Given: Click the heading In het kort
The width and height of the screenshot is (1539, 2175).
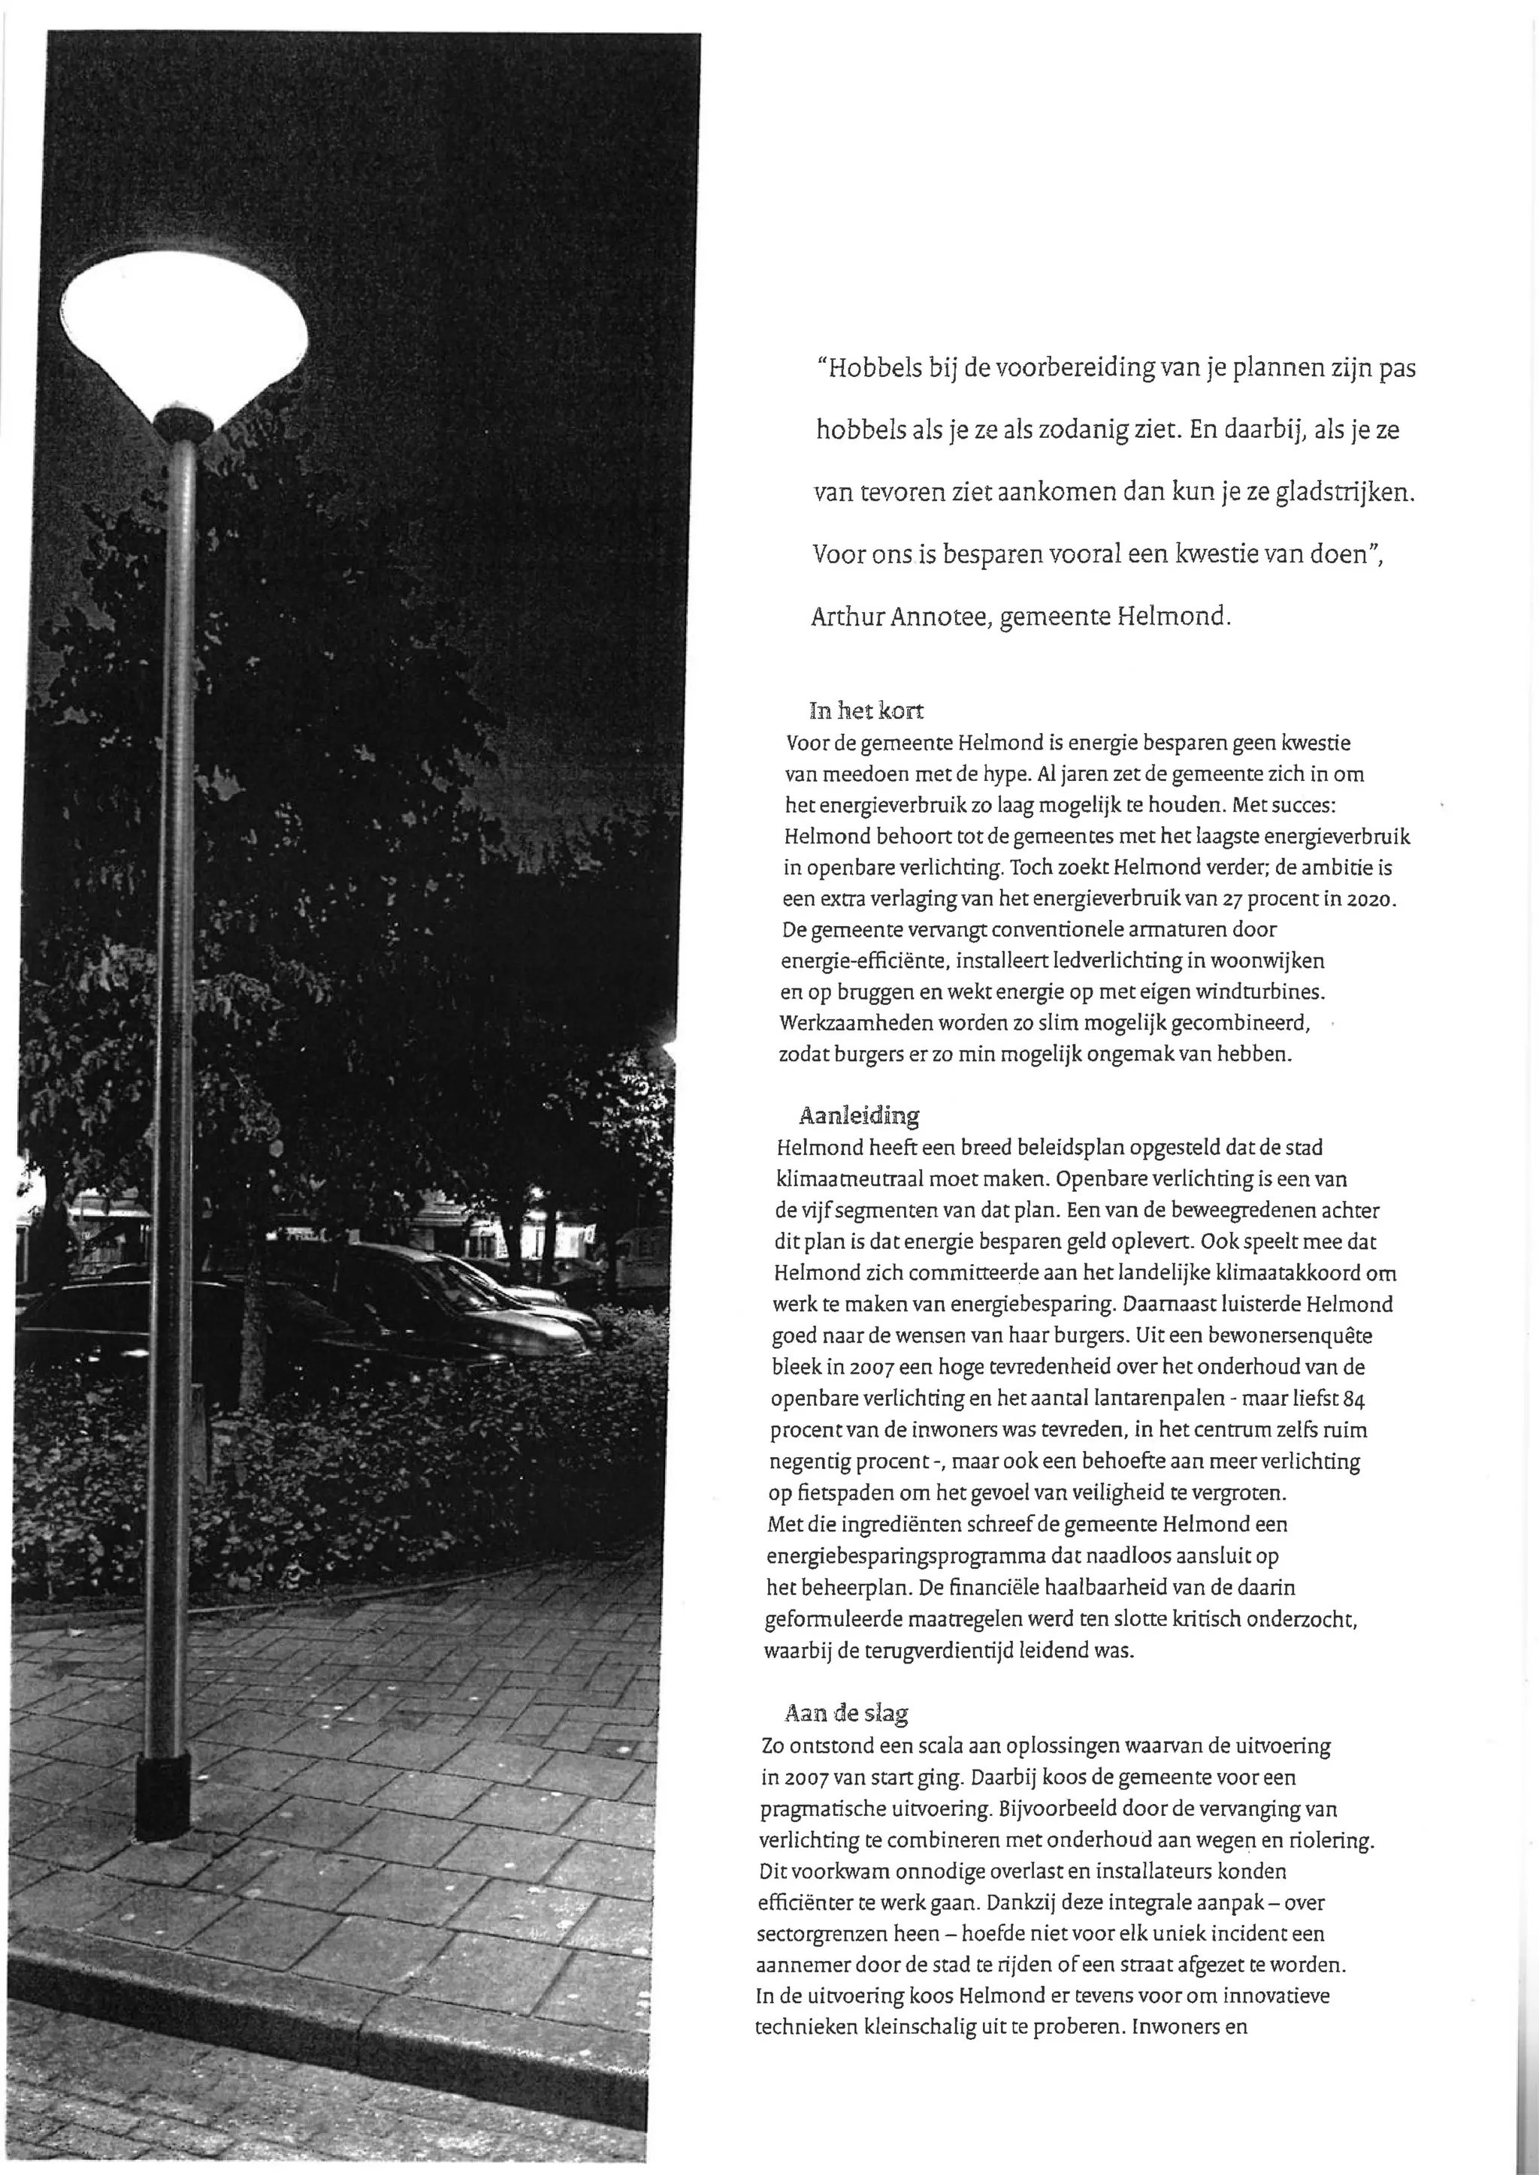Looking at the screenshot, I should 866,710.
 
